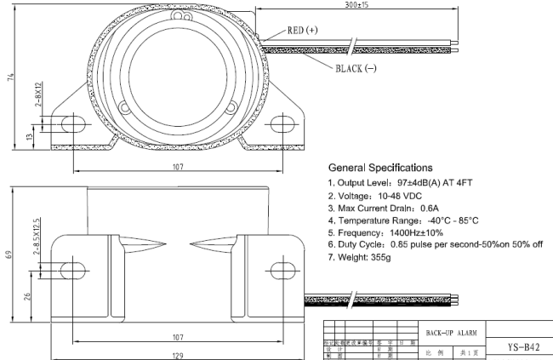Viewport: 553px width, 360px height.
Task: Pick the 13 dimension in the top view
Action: (x=31, y=134)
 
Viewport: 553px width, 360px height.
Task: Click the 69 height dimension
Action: (x=8, y=254)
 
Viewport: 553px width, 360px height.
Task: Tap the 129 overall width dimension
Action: (x=177, y=353)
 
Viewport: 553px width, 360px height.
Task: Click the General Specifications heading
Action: (x=380, y=168)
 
